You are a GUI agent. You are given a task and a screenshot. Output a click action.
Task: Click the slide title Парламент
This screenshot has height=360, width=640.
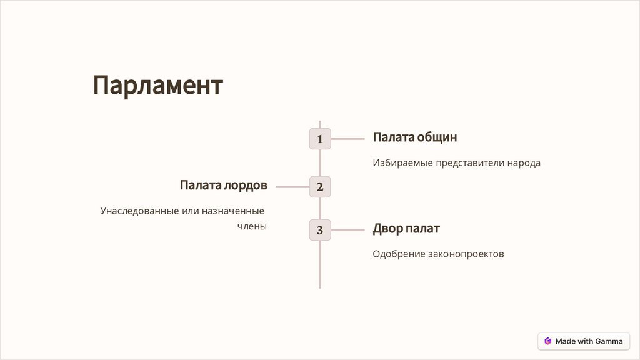coord(157,85)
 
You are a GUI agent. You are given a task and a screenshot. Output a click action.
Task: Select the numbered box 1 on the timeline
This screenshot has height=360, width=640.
coord(319,139)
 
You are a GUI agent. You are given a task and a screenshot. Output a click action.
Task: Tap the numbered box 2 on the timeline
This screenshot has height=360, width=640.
coord(319,186)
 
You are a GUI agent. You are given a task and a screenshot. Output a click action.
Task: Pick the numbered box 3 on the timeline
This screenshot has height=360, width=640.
coord(319,230)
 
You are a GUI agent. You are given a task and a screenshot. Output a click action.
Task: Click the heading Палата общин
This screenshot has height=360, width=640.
coord(415,137)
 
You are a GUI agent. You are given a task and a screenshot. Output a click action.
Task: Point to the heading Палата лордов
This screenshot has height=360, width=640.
coord(223,185)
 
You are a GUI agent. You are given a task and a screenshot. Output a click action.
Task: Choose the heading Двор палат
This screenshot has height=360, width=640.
coord(406,229)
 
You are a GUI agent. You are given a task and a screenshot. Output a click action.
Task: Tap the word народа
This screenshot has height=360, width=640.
coord(523,162)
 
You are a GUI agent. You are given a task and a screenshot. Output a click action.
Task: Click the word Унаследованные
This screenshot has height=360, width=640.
coord(139,211)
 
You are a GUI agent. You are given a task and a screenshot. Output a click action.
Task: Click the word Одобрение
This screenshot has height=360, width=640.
coord(399,254)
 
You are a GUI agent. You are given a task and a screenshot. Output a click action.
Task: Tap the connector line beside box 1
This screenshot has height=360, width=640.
coord(347,139)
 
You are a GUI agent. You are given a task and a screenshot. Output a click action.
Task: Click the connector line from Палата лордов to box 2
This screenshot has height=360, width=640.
coord(292,186)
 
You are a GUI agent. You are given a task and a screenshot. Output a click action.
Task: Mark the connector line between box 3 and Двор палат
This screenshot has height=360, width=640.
coord(347,230)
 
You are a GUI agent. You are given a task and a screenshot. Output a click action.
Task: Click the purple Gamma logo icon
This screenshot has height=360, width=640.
coord(548,341)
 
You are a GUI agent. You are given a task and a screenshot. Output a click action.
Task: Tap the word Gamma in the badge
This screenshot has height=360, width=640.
coord(609,341)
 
